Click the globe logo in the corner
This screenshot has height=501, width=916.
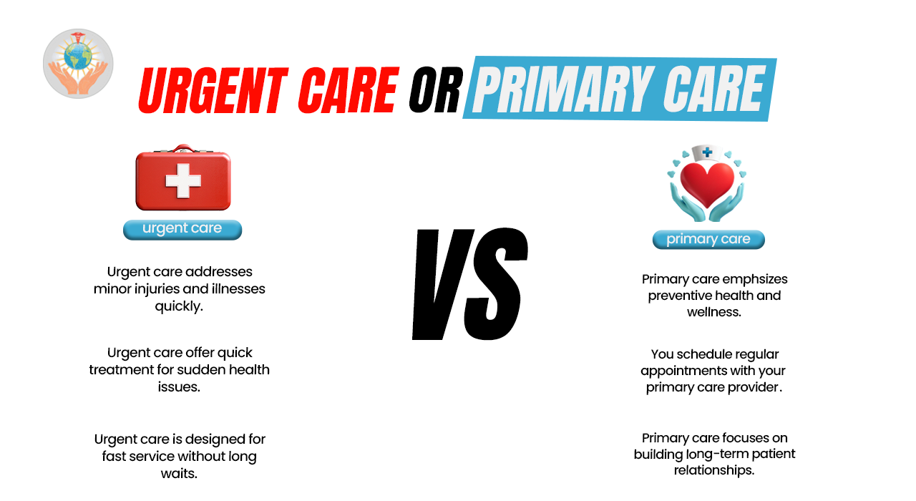(x=78, y=64)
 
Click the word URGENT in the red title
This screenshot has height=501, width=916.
(x=213, y=90)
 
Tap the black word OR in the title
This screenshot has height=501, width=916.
(x=436, y=89)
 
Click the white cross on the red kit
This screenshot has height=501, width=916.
(x=183, y=180)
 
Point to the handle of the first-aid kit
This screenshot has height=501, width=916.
(x=182, y=148)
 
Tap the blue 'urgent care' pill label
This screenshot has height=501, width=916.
(x=182, y=230)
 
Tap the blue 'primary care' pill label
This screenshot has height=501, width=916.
(x=708, y=240)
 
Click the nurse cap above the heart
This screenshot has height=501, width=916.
(x=706, y=153)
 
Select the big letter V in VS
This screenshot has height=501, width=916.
(x=444, y=284)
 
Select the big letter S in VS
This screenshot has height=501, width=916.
(x=497, y=284)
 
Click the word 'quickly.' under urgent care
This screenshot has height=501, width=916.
(x=179, y=306)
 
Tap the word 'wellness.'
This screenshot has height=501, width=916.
(x=714, y=312)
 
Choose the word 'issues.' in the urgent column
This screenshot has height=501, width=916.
(x=179, y=387)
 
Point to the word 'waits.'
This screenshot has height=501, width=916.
(x=179, y=474)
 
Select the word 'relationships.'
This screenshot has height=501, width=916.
(x=714, y=470)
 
